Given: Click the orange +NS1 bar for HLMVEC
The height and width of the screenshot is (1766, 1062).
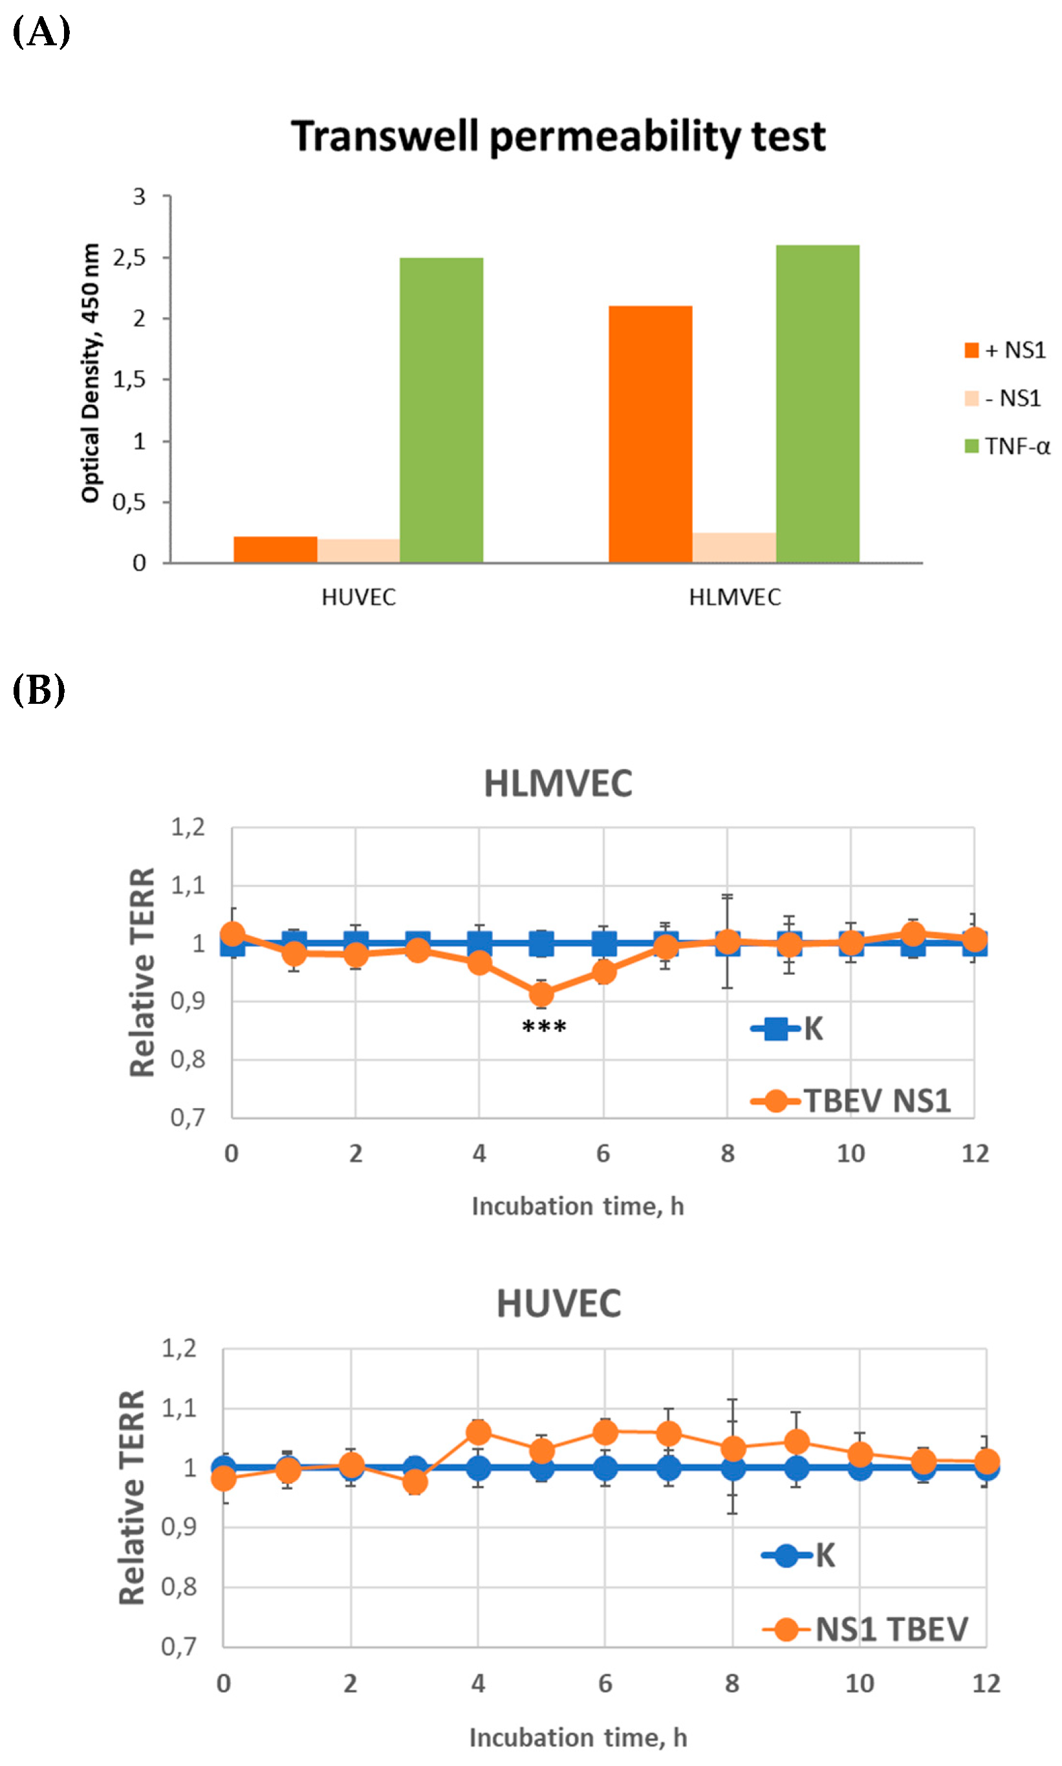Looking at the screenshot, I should point(650,433).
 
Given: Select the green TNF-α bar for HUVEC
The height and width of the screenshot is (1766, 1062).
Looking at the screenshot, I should point(441,409).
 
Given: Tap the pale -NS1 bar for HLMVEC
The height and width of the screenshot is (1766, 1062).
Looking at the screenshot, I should point(733,547).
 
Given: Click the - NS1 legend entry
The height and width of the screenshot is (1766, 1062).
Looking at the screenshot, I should point(1003,398).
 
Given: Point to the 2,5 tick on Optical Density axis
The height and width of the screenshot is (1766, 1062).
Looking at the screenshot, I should point(129,257).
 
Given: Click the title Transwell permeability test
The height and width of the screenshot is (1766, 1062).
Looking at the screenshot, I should point(558,136).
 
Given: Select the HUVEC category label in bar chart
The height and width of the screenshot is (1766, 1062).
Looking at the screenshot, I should point(358,598).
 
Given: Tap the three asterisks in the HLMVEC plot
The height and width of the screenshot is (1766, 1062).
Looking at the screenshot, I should point(544,1027).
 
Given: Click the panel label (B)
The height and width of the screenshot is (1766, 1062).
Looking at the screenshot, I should point(39,690).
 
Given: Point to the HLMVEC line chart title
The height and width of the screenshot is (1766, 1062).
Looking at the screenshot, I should point(558,783).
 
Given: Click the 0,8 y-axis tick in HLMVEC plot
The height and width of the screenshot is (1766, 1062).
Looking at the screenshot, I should point(188,1059).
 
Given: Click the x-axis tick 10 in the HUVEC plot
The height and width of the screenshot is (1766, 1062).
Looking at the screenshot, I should point(859,1684).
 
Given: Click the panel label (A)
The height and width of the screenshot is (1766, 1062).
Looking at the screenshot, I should point(41,32).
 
